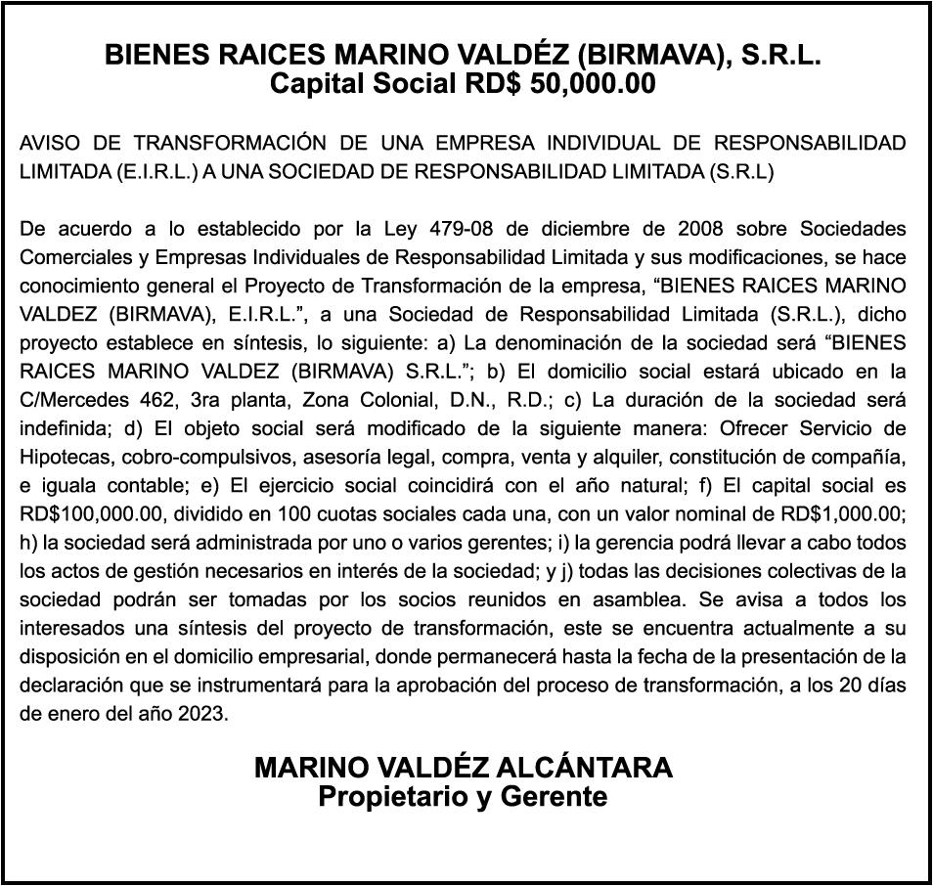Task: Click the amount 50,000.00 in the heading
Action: pos(593,84)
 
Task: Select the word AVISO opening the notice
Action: pos(50,144)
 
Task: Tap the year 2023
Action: pos(202,712)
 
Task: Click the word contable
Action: pos(121,485)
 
